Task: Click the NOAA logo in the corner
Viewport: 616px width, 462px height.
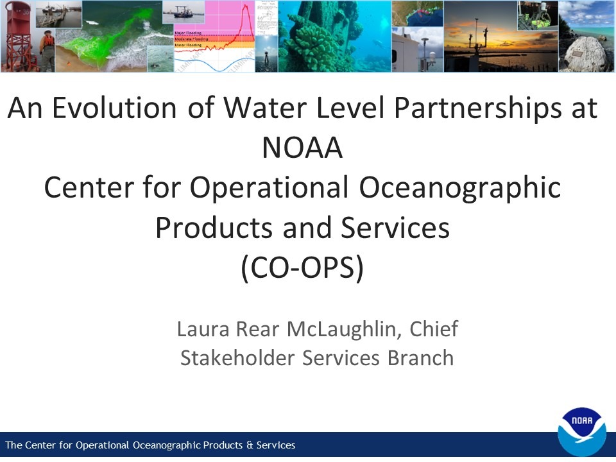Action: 582,432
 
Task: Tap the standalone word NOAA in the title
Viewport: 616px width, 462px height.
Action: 302,148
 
